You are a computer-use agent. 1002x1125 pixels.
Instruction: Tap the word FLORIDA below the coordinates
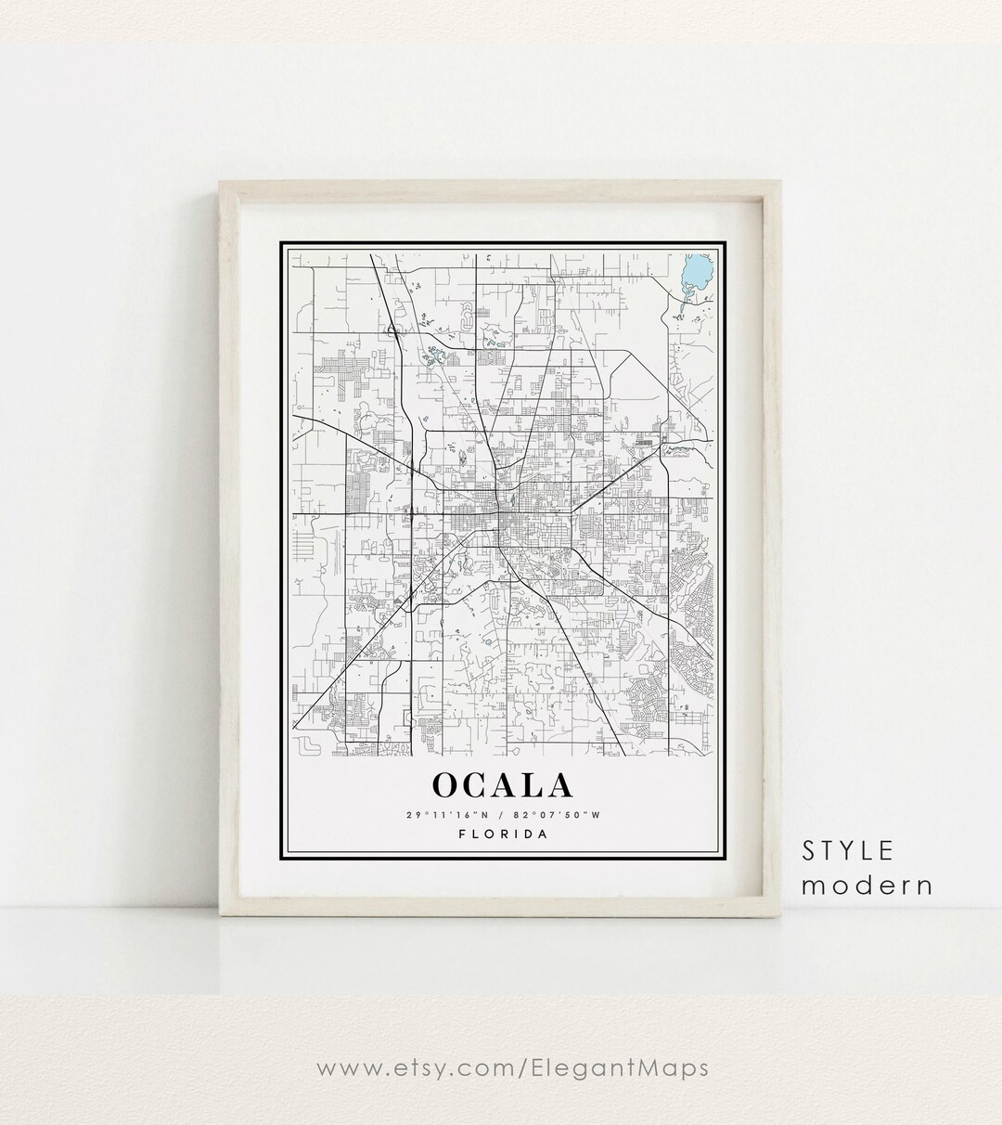tap(503, 834)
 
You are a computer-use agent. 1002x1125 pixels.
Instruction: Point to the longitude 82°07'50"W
tap(561, 815)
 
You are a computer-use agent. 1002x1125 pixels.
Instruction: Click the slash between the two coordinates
tap(501, 815)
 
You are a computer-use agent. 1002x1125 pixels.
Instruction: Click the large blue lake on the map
tap(692, 272)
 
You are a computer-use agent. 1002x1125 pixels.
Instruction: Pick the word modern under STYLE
tap(867, 886)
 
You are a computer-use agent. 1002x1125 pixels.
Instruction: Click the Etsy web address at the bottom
tap(512, 1068)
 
